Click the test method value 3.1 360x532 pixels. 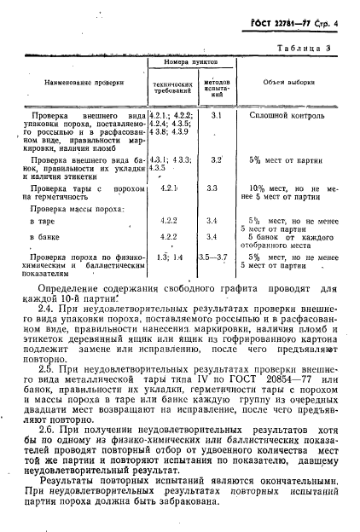216,114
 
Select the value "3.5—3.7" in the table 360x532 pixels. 213,256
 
